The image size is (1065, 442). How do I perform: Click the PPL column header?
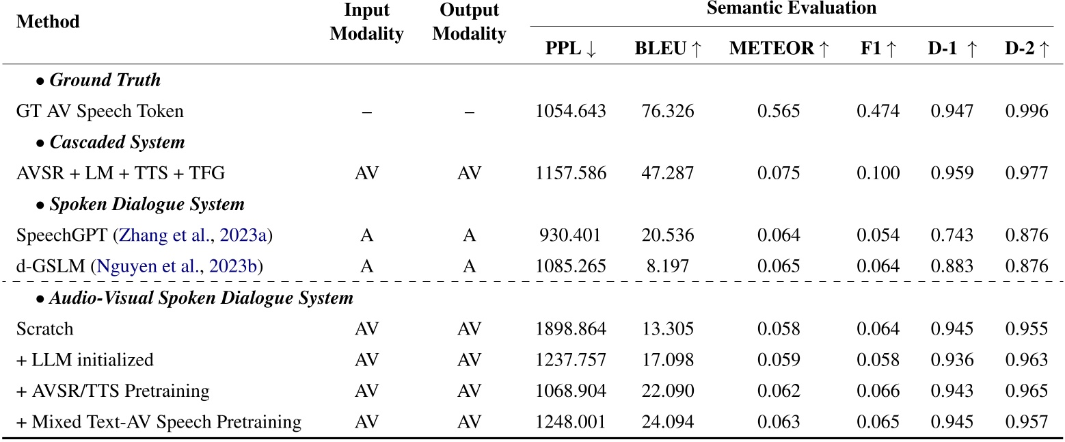(571, 50)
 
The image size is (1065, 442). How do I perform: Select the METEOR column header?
(779, 50)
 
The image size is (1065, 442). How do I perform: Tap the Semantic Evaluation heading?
(791, 9)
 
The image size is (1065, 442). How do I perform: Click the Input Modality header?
(366, 22)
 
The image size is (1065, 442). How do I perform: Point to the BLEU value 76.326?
(668, 112)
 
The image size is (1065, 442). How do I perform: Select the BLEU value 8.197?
(668, 266)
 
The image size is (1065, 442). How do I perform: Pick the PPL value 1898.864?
(571, 329)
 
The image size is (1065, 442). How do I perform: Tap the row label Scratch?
(44, 329)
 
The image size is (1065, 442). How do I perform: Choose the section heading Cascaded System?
(117, 142)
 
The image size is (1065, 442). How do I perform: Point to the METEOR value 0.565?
(778, 112)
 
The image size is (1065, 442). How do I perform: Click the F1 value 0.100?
(878, 173)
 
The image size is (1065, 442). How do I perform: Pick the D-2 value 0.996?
(1026, 112)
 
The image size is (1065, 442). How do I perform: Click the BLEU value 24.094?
(668, 422)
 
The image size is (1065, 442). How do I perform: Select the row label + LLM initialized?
(85, 360)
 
